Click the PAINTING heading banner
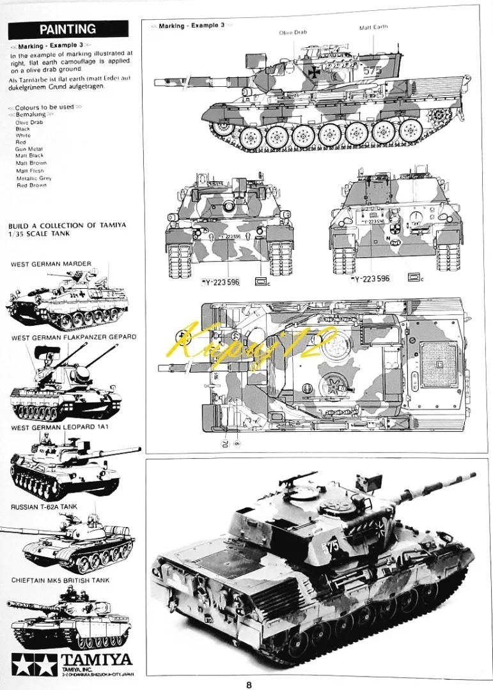pos(68,29)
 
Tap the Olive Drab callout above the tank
pos(293,33)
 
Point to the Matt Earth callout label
pos(373,27)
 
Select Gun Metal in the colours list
pos(29,149)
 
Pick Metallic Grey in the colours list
pos(34,178)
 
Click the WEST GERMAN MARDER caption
pos(51,264)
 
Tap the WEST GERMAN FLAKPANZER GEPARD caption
pos(74,337)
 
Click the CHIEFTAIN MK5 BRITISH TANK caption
pos(60,581)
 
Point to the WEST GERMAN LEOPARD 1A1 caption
pos(59,426)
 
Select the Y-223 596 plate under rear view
pos(372,279)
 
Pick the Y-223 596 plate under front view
pos(221,282)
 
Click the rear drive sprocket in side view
pos(440,116)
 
